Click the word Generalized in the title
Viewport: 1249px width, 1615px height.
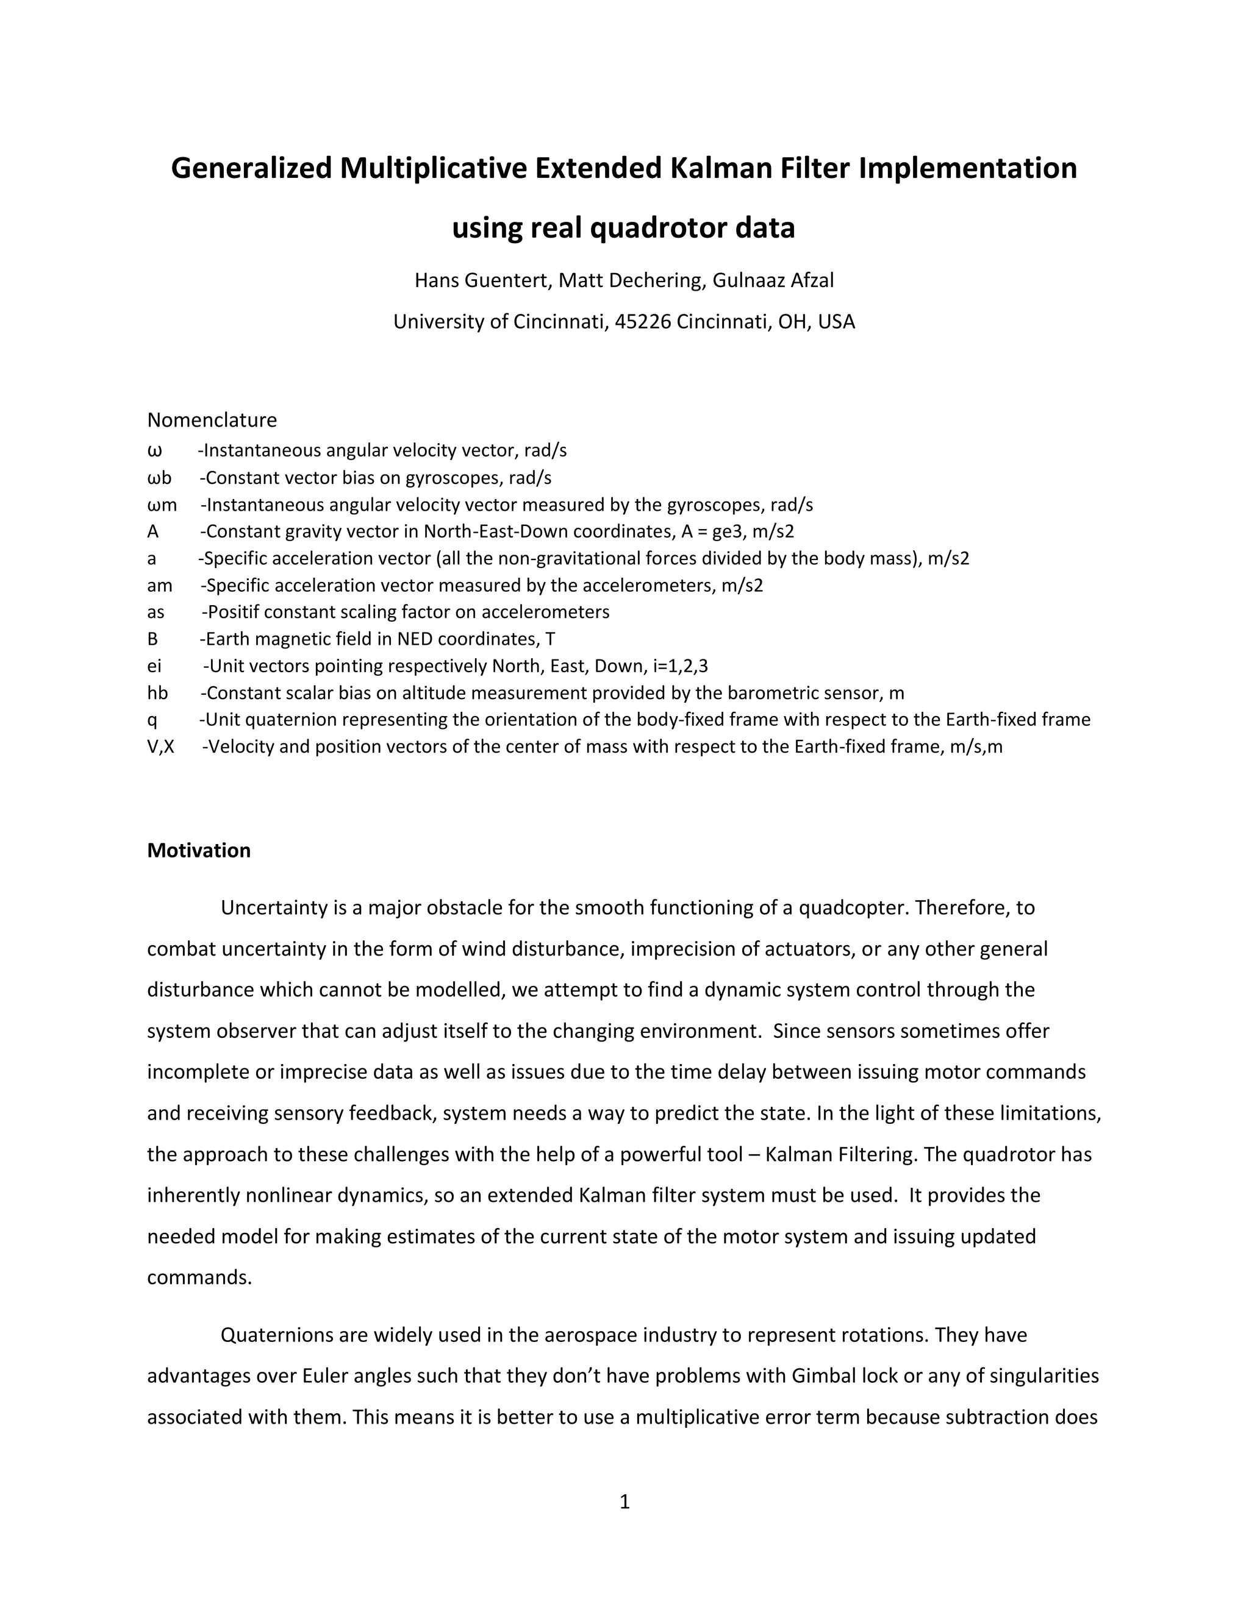252,169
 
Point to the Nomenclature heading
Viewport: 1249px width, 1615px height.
212,420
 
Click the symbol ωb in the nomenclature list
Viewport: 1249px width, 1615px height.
159,478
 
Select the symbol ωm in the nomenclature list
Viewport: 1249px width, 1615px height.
162,505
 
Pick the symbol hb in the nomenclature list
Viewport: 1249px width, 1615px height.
157,693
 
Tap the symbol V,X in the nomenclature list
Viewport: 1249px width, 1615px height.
160,747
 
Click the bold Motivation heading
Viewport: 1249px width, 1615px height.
198,850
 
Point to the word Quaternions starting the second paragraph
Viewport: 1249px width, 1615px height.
277,1335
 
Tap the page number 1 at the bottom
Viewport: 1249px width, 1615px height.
624,1502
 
